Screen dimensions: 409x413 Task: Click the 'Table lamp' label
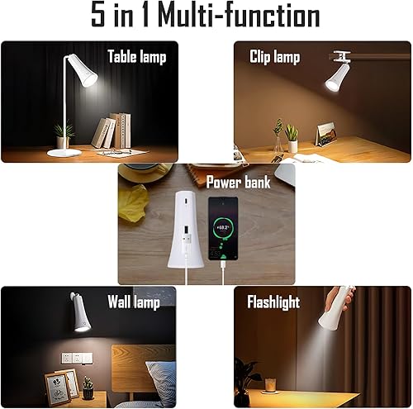136,57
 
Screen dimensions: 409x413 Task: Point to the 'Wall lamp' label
133,302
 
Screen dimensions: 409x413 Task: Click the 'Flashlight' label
273,302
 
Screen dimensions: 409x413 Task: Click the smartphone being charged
223,230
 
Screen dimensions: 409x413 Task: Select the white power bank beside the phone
183,231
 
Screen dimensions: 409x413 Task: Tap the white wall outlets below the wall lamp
74,359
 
